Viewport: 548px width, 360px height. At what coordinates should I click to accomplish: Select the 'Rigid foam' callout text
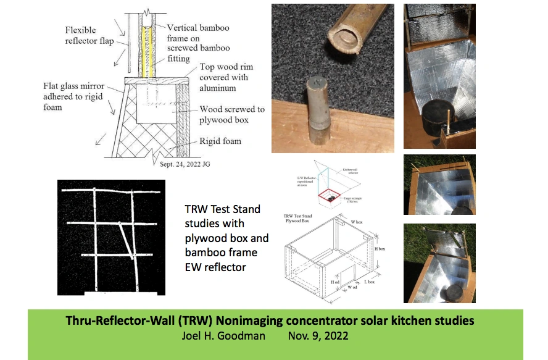coord(220,141)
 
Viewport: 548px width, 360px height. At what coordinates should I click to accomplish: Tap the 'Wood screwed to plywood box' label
coord(231,115)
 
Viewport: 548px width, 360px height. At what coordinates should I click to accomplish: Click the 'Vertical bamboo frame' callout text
coord(199,38)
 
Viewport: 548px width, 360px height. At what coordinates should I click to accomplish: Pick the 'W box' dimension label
coord(357,220)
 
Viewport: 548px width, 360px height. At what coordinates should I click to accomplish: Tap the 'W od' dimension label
coord(352,287)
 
